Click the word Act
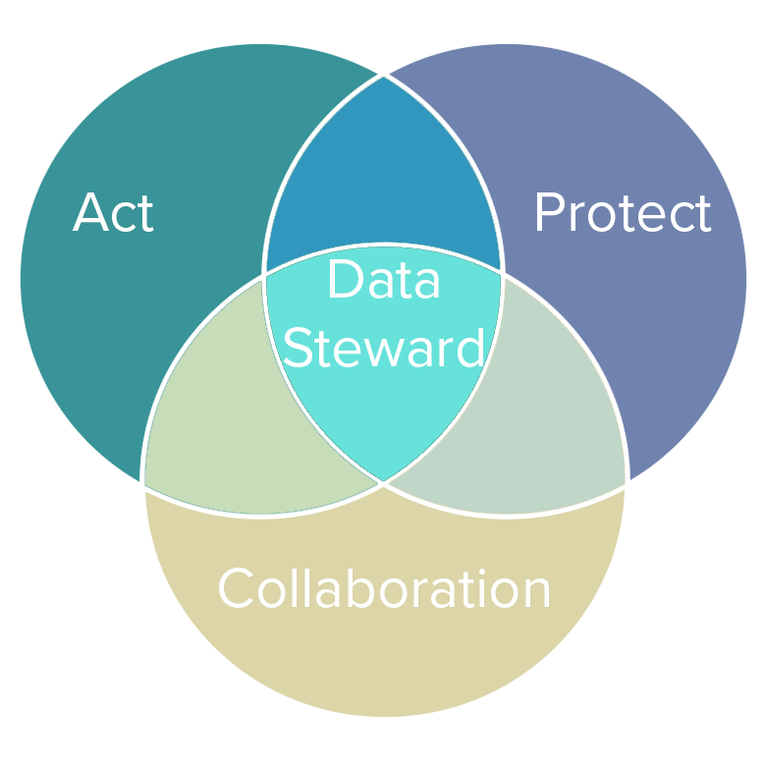tap(113, 213)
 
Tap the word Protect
tap(622, 213)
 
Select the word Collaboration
tap(384, 589)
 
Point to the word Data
tap(383, 280)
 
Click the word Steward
tap(383, 347)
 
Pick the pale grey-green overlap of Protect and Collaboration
tap(560, 422)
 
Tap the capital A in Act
tap(89, 213)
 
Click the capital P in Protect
tap(549, 213)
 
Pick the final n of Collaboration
tap(535, 593)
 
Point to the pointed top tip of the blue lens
tap(383, 79)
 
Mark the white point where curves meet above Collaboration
tap(383, 483)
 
